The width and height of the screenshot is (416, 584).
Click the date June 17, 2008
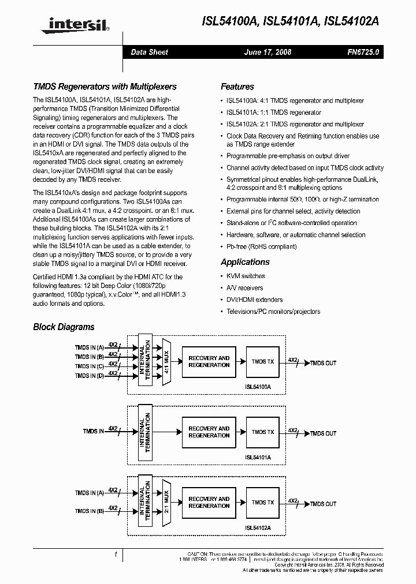pos(268,52)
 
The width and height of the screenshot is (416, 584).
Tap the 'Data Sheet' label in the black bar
pos(149,52)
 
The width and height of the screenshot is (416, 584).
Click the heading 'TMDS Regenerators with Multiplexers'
pos(105,87)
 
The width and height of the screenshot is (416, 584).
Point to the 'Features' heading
pos(237,87)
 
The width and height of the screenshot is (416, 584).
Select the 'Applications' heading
pos(245,262)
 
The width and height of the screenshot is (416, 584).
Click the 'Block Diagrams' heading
pos(64,327)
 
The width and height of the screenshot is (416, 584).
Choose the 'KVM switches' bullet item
pos(246,276)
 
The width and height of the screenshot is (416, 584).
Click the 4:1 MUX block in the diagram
pos(167,361)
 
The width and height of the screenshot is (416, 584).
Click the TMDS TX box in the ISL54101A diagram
pos(263,432)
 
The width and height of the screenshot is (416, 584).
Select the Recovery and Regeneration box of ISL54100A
pos(209,361)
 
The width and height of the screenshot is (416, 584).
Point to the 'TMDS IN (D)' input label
pos(89,376)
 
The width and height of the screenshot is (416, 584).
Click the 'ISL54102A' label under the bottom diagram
pos(258,527)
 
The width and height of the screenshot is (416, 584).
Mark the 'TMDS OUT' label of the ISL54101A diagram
pos(323,433)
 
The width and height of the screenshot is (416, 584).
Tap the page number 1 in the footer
pos(116,554)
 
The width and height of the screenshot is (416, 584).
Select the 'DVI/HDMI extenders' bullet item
pos(254,300)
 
